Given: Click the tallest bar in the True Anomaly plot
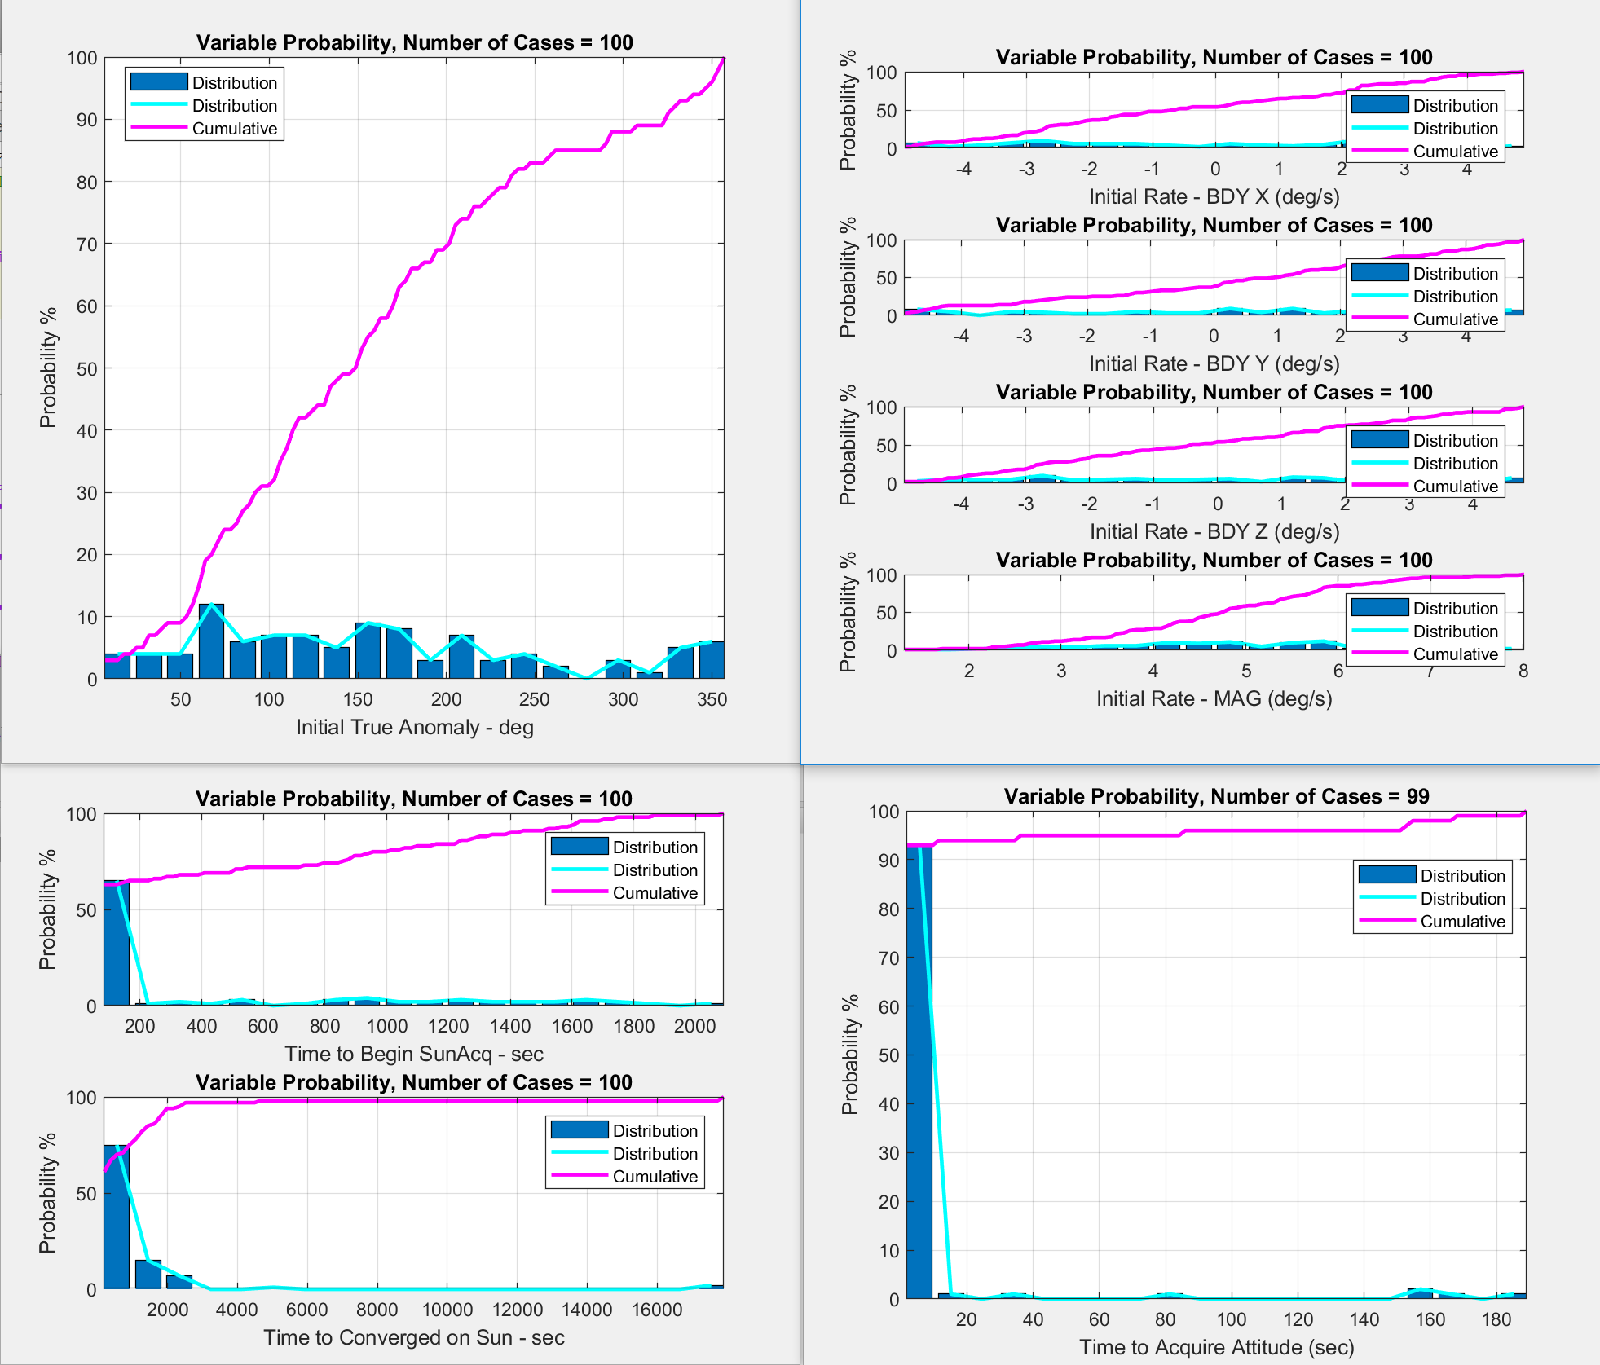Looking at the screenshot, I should [x=211, y=642].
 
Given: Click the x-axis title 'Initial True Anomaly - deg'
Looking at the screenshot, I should [x=414, y=727].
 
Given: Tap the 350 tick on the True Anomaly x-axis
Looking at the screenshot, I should [x=712, y=699].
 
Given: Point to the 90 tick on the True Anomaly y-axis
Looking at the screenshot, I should [x=86, y=120].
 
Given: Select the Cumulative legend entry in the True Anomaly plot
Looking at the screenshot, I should [x=234, y=129].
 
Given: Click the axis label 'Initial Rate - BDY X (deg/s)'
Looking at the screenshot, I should [x=1214, y=196].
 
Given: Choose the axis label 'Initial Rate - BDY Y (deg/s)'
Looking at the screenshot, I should [x=1214, y=363].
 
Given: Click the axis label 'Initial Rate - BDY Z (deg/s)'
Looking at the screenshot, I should [x=1214, y=531].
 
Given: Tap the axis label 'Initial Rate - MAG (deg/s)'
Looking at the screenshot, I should [x=1214, y=698].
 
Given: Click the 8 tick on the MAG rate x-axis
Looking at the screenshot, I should [x=1523, y=671].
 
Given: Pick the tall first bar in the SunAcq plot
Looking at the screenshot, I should [x=117, y=943].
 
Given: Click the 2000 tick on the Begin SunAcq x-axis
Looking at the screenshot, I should [x=694, y=1026].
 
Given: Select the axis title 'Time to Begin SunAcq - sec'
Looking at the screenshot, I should [x=414, y=1054].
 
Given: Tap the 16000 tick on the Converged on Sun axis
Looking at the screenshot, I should [x=657, y=1310].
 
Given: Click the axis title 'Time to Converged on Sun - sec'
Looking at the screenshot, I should [x=414, y=1337].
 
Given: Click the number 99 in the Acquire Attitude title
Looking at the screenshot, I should [x=1417, y=796].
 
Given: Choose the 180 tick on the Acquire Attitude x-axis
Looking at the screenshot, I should [x=1496, y=1319].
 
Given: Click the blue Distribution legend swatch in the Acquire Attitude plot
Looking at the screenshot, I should [x=1386, y=875].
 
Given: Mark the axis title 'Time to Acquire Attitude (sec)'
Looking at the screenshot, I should [x=1216, y=1347].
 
